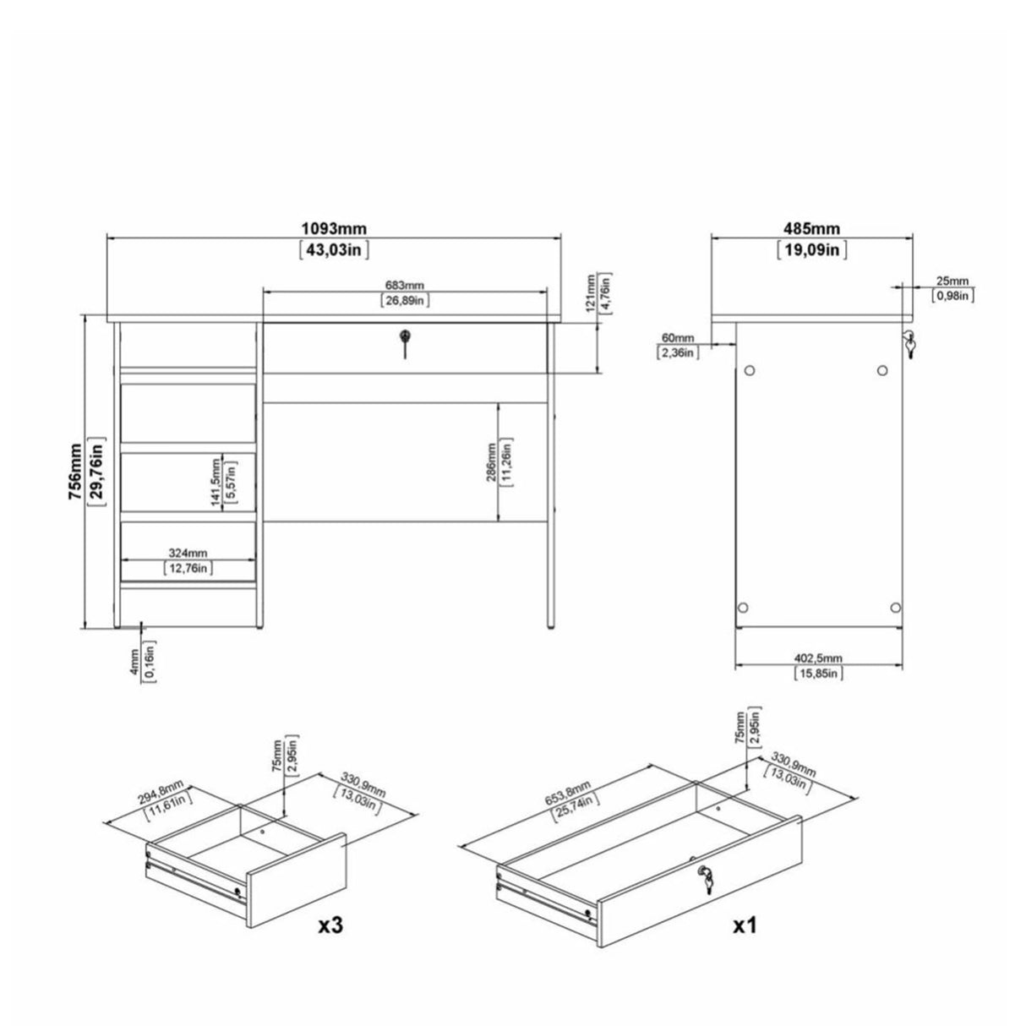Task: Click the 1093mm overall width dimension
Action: click(x=333, y=229)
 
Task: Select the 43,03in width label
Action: click(x=333, y=249)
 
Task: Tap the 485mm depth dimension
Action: click(x=811, y=229)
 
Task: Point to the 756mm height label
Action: click(x=77, y=473)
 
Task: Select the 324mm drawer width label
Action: click(x=188, y=554)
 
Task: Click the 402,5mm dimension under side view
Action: click(x=818, y=658)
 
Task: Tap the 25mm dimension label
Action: click(x=952, y=281)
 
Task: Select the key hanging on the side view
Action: click(x=909, y=344)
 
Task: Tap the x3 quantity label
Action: click(x=331, y=926)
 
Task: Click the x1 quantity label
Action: click(x=744, y=926)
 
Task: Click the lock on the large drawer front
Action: click(x=704, y=879)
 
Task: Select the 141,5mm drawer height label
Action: click(x=215, y=482)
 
